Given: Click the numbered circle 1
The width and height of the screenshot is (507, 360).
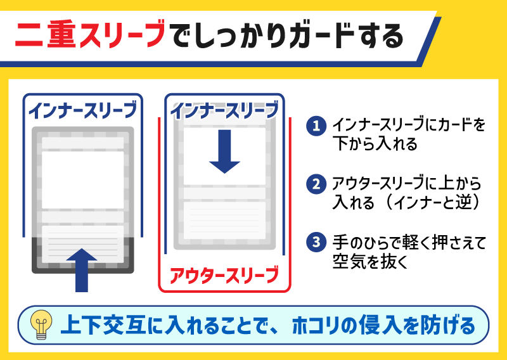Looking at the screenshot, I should point(316,125).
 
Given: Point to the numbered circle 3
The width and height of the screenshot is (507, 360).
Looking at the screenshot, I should point(316,241).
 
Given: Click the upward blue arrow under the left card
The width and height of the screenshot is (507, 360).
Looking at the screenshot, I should point(81,269).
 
